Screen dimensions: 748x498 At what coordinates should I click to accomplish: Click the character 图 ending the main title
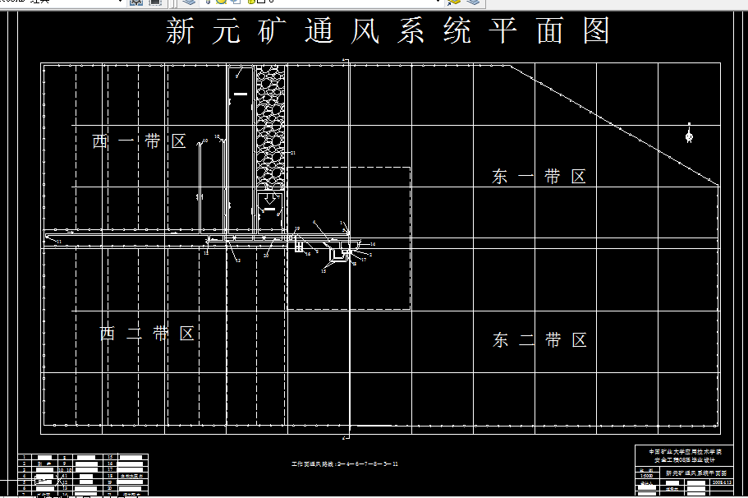pos(598,31)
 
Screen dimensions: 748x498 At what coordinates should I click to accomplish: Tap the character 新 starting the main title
pos(181,31)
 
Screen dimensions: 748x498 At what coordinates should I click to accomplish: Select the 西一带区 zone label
pos(140,141)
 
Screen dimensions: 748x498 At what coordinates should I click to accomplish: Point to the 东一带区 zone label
pos(539,177)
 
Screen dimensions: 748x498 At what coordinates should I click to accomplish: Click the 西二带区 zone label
pos(147,334)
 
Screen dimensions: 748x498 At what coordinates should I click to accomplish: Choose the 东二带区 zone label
pos(540,340)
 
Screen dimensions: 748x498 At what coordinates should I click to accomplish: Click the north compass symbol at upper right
pos(689,133)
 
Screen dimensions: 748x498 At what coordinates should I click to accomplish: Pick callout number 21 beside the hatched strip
pos(292,154)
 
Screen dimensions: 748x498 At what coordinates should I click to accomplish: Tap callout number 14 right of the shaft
pos(372,245)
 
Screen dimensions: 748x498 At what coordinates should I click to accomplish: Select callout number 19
pos(297,229)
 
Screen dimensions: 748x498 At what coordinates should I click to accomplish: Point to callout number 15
pos(324,270)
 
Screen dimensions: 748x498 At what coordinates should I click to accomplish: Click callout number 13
pos(238,260)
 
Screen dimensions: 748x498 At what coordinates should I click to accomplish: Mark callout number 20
pos(267,255)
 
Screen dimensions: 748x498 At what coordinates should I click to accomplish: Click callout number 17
pos(363,260)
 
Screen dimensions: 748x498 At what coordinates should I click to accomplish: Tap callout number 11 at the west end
pos(58,242)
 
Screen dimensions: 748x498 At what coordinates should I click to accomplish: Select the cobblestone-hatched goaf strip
pos(270,123)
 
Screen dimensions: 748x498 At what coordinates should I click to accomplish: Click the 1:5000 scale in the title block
pos(647,475)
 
